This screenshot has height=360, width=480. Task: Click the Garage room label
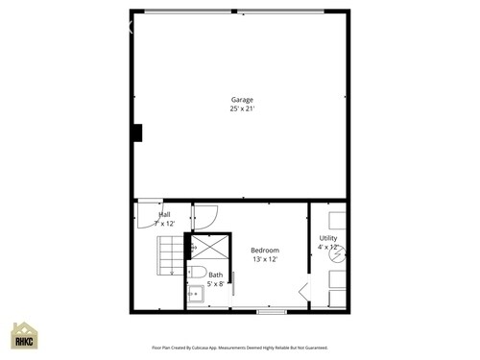coord(240,99)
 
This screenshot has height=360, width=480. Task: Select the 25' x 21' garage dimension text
coord(240,108)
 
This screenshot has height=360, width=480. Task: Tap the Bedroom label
coord(264,250)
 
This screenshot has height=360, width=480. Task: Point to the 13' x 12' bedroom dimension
coord(264,259)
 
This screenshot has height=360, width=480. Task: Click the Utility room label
coord(327,237)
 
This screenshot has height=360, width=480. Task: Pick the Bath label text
coord(215,275)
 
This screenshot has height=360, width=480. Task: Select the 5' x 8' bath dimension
coord(215,284)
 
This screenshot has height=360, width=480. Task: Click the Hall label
coord(165,214)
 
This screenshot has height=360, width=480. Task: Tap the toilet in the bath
coord(194,273)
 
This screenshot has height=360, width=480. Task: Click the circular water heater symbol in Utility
coord(335,255)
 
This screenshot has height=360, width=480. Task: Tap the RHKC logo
coord(23,337)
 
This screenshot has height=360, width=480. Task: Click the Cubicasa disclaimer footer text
coord(240,348)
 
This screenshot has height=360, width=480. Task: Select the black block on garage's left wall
coord(137,133)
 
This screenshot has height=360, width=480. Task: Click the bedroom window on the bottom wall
coord(272,312)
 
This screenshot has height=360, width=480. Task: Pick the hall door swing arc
coord(149,212)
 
